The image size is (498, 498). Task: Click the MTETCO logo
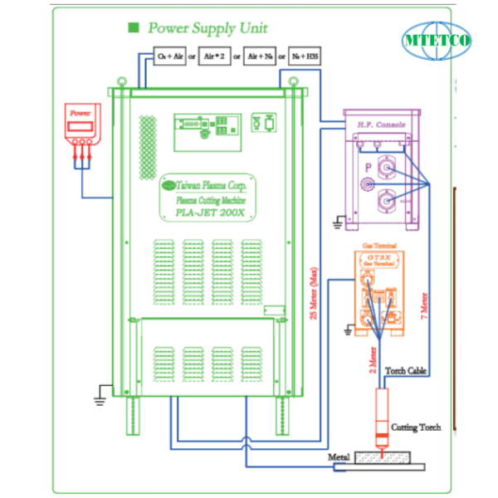click(437, 40)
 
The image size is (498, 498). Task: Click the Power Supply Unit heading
click(207, 27)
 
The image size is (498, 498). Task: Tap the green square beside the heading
click(133, 27)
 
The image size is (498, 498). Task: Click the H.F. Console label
click(381, 124)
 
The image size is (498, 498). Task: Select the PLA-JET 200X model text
click(208, 212)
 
